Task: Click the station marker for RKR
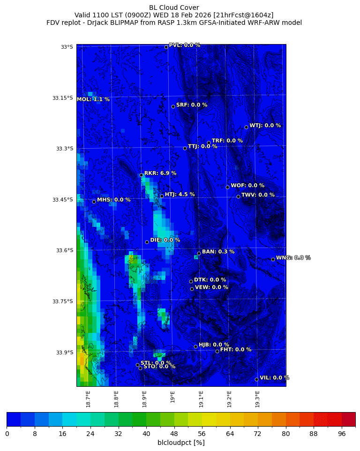click(x=141, y=175)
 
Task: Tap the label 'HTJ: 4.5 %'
click(x=180, y=195)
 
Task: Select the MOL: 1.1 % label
click(x=93, y=99)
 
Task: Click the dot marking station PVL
click(x=166, y=47)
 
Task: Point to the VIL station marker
click(x=256, y=379)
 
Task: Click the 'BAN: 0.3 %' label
click(x=218, y=252)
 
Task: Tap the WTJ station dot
click(x=246, y=127)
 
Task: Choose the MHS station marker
click(x=94, y=202)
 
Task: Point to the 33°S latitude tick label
click(x=67, y=47)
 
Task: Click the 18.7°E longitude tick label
click(x=88, y=398)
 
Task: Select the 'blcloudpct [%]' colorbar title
click(x=181, y=443)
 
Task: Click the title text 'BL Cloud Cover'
click(x=174, y=8)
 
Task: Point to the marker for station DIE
click(x=147, y=242)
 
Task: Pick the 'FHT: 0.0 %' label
click(x=236, y=350)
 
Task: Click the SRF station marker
click(x=173, y=106)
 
